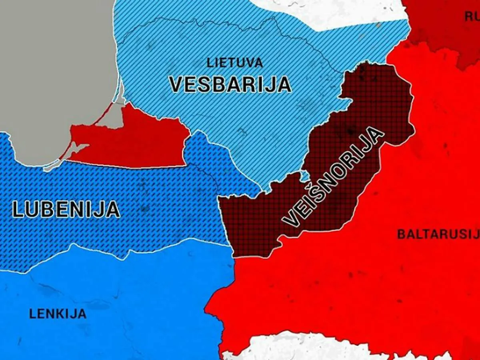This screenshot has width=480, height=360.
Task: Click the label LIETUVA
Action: click(235, 63)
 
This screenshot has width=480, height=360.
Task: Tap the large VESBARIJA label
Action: click(230, 84)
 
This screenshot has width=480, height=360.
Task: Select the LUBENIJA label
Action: click(66, 209)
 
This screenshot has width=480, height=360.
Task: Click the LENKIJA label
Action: click(58, 314)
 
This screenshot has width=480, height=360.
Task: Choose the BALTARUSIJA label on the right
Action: click(438, 234)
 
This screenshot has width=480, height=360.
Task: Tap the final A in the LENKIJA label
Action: click(82, 314)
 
